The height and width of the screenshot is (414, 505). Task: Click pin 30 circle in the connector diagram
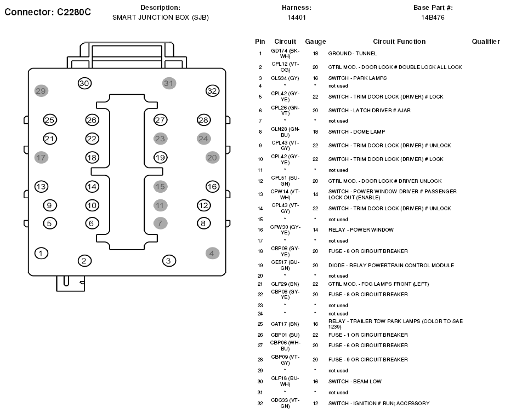click(84, 83)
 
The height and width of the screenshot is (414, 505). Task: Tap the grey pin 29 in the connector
click(41, 91)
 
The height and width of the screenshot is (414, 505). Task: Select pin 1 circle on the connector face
click(41, 253)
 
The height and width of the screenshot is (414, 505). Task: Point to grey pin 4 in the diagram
click(212, 253)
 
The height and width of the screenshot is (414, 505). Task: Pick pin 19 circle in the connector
click(160, 158)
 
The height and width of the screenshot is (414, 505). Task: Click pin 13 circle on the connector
click(41, 187)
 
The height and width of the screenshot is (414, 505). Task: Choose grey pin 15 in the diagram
click(160, 187)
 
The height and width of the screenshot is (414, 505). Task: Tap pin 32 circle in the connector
click(212, 91)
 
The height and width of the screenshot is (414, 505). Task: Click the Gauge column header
click(315, 42)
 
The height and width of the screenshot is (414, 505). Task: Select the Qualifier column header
click(486, 42)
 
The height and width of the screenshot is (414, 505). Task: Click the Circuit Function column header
click(399, 42)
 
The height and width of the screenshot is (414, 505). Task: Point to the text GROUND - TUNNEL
click(353, 54)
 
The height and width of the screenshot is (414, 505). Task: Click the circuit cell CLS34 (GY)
click(285, 78)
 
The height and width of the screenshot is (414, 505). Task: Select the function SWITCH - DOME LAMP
click(356, 131)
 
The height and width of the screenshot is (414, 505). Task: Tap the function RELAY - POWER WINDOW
click(361, 229)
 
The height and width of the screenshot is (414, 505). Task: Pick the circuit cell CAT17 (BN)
click(285, 324)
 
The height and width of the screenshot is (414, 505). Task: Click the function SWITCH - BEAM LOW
click(355, 382)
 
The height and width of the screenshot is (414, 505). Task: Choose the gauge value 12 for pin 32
click(315, 404)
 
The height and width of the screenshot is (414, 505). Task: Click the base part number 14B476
click(433, 18)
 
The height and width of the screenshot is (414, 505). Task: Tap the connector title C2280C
click(74, 12)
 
